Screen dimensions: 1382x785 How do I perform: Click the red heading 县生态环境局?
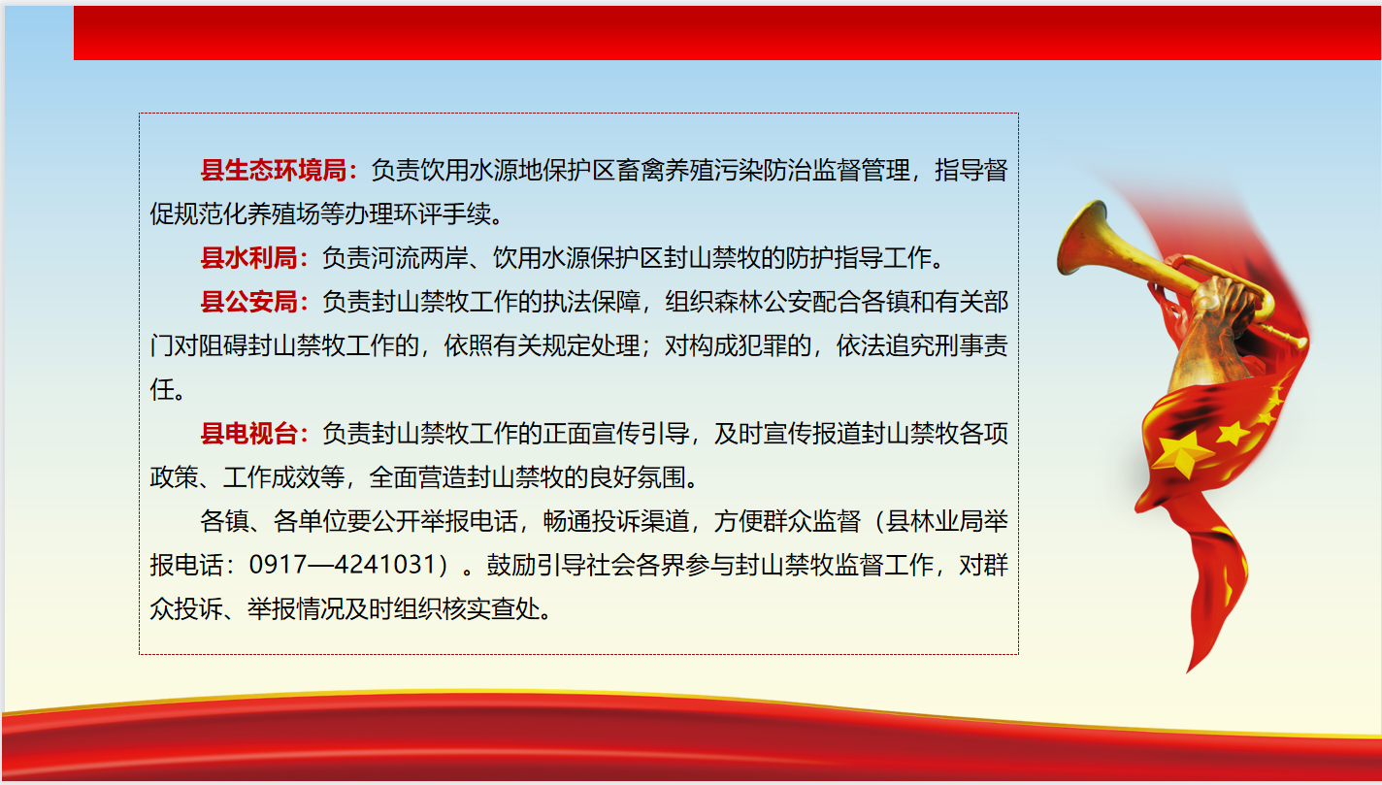coord(274,170)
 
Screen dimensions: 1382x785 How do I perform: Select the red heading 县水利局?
coord(248,258)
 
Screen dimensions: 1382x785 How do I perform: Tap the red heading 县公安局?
coord(248,302)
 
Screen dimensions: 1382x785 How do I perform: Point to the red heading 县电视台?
coord(248,434)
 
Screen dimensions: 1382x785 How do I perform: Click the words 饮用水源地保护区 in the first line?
coord(517,170)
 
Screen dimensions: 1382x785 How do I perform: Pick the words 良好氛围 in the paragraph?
coord(638,477)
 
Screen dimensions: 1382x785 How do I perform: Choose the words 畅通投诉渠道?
coord(615,521)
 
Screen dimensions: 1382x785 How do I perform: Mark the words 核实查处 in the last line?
coord(491,608)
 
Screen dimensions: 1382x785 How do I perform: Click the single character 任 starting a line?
coord(162,389)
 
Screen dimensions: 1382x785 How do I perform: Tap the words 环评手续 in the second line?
coord(443,214)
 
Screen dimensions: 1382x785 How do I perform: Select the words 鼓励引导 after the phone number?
coord(536,565)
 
